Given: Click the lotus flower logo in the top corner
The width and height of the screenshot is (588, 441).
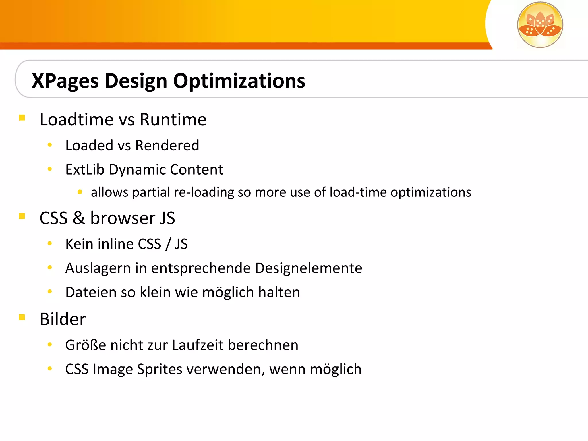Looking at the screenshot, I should point(540,25).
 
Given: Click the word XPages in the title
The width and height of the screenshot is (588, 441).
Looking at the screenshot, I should point(65,81).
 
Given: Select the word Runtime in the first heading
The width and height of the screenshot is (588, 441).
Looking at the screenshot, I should point(173,120).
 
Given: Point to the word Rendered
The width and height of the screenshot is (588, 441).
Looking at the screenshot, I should point(167,146).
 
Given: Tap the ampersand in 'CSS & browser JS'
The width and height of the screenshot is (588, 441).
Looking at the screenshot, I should point(79,218).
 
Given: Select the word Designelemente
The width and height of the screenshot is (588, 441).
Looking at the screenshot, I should point(308,268).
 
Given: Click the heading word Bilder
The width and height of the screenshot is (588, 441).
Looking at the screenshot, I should point(63,319).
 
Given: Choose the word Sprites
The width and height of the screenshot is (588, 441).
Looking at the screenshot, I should point(160,370).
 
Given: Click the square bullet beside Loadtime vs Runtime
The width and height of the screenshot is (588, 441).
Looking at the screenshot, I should point(22,118).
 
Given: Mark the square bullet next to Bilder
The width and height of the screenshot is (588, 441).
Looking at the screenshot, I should point(22,317).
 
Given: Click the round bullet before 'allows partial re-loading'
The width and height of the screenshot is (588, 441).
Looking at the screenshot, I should point(80,192).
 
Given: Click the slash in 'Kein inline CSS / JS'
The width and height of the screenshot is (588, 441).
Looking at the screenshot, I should point(168,244).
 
